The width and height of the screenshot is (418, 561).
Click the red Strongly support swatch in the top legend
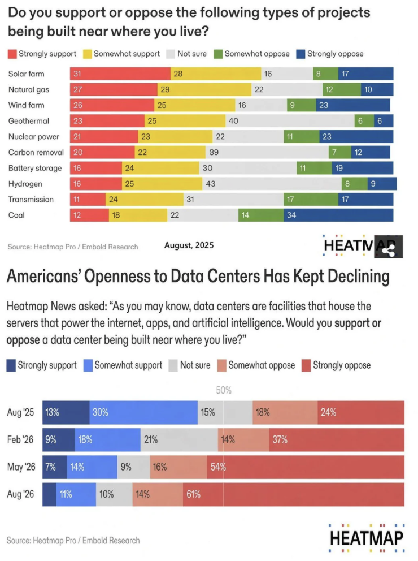pyautogui.click(x=12, y=54)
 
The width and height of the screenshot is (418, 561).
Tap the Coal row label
pyautogui.click(x=16, y=215)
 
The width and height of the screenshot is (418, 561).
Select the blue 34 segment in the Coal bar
pyautogui.click(x=339, y=215)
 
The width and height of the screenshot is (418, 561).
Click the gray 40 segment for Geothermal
pyautogui.click(x=290, y=121)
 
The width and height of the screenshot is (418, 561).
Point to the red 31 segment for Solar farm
pyautogui.click(x=120, y=74)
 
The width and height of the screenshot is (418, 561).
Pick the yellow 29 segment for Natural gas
pyautogui.click(x=204, y=89)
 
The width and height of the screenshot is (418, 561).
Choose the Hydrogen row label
pyautogui.click(x=25, y=184)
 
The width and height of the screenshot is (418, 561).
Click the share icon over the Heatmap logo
pyautogui.click(x=389, y=247)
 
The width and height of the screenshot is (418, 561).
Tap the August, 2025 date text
pyautogui.click(x=189, y=245)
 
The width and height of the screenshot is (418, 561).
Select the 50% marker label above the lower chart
pyautogui.click(x=224, y=390)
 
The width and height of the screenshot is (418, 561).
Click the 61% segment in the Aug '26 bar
pyautogui.click(x=294, y=494)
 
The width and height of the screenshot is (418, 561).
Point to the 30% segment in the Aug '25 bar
pyautogui.click(x=143, y=412)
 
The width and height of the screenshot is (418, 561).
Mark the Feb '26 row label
pyautogui.click(x=20, y=439)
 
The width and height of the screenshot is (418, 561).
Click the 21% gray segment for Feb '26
pyautogui.click(x=180, y=440)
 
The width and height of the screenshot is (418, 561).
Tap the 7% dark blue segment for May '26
pyautogui.click(x=55, y=467)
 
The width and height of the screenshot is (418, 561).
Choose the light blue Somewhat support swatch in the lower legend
pyautogui.click(x=88, y=366)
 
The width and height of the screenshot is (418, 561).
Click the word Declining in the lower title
pyautogui.click(x=358, y=277)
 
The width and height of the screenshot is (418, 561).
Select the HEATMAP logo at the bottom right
pyautogui.click(x=367, y=538)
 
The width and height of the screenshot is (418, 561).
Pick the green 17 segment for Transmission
pyautogui.click(x=311, y=199)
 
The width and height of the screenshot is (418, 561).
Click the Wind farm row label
pyautogui.click(x=27, y=105)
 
